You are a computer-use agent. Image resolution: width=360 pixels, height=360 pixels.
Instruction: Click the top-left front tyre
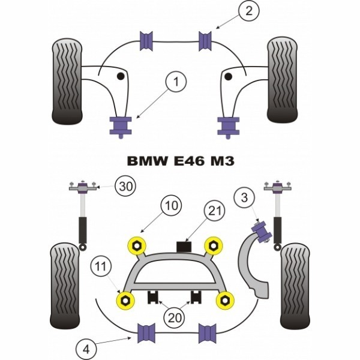click(x=67, y=81)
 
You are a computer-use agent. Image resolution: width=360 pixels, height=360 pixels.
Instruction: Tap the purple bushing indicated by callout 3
click(x=262, y=230)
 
